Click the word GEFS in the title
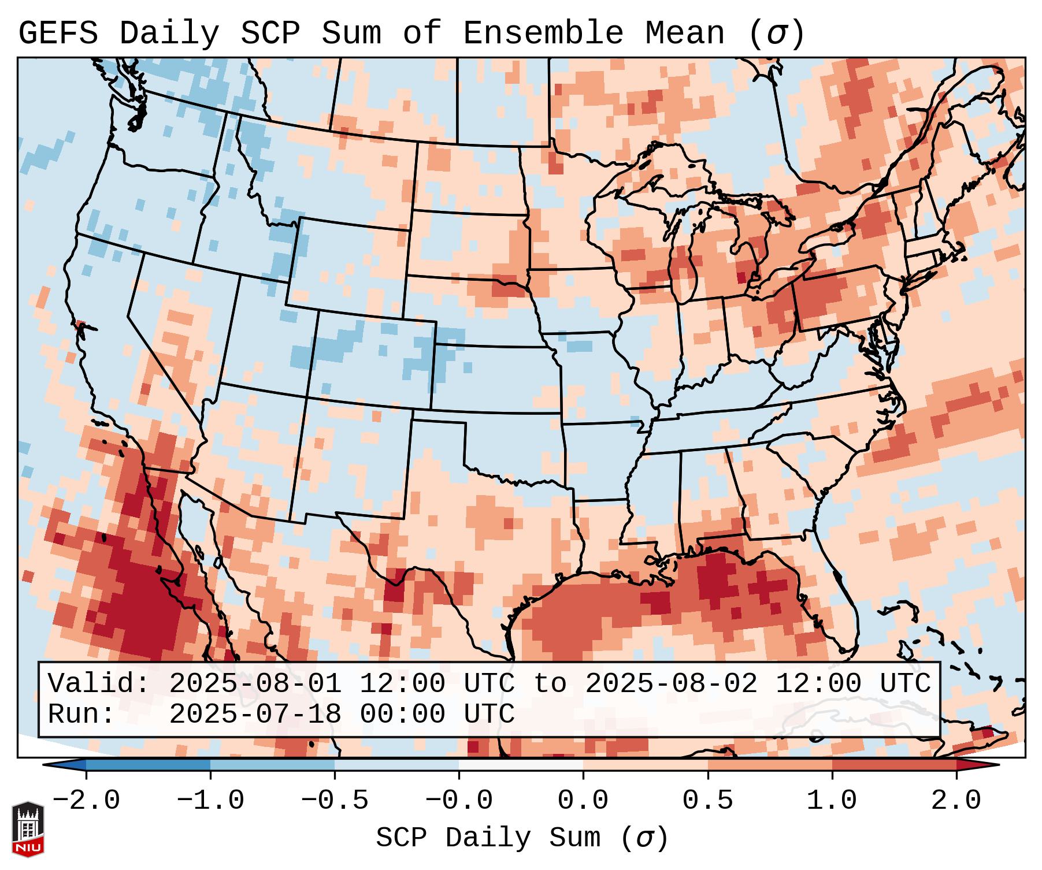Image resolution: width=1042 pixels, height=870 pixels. (58, 34)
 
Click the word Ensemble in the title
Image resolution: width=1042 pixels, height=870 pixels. (543, 34)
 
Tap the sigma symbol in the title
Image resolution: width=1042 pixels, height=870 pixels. (776, 34)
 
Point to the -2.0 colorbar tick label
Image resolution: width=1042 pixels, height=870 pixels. (86, 801)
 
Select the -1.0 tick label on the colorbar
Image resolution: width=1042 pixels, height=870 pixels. (210, 801)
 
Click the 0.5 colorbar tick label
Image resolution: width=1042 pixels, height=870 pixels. (707, 801)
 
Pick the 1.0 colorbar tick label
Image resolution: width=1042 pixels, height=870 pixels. (832, 801)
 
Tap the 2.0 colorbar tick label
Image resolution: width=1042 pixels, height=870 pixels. (956, 801)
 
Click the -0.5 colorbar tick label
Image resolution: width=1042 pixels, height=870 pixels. (335, 801)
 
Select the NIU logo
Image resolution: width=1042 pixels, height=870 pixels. (28, 828)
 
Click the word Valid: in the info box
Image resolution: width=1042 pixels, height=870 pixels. (98, 684)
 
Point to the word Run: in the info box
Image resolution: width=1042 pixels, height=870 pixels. (81, 715)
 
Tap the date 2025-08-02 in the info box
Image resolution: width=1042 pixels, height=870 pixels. (671, 684)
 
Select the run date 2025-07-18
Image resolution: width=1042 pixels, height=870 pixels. (255, 715)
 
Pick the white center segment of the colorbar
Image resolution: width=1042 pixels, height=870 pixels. (521, 765)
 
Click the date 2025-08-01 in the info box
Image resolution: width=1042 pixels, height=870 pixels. (255, 684)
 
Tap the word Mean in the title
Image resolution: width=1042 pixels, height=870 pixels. (684, 34)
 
